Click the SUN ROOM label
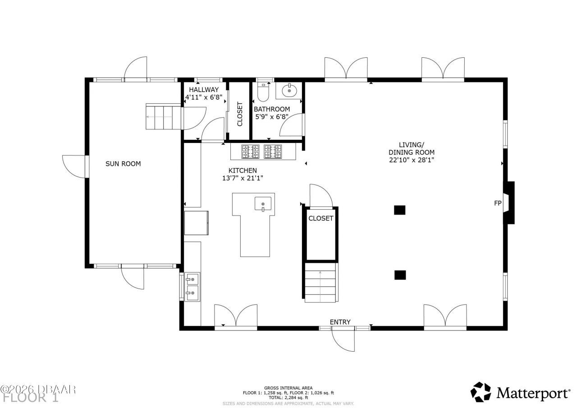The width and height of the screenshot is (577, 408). coord(123,164)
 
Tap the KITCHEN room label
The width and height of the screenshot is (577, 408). coord(243,170)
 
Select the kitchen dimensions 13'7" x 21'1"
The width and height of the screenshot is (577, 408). coord(243,178)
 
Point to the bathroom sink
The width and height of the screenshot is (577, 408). coord(289,91)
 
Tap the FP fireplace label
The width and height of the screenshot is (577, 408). coord(498,203)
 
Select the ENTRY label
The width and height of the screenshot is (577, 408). coord(340,321)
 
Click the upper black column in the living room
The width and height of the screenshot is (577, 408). coord(400,210)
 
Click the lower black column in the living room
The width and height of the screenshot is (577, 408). coord(400,274)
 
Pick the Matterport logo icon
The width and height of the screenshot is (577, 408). coord(481,392)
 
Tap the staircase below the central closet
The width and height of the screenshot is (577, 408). coord(321,283)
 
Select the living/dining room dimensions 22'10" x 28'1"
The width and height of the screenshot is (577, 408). coord(412,160)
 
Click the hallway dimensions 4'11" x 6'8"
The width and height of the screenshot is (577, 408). coord(204,97)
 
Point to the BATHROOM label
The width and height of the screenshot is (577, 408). coord(271,109)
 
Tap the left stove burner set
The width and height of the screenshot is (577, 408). coord(250,151)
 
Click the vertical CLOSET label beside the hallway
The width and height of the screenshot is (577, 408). coord(239,114)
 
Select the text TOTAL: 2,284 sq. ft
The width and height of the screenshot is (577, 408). coord(288,398)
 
